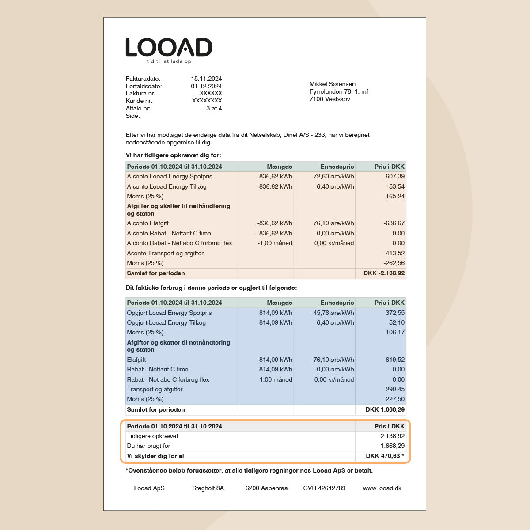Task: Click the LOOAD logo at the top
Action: click(x=169, y=47)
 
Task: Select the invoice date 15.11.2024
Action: click(x=206, y=79)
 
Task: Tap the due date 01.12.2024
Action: click(x=206, y=86)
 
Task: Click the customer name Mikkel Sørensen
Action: click(x=332, y=84)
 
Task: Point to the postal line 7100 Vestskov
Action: click(x=329, y=99)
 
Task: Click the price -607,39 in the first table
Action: click(x=394, y=176)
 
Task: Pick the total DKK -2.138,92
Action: click(x=384, y=273)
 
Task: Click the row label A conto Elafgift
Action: click(x=148, y=223)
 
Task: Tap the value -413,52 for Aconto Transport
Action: click(x=394, y=253)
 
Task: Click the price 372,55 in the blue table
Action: click(x=395, y=313)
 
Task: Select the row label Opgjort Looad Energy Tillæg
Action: click(x=166, y=322)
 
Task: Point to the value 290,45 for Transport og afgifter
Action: click(x=395, y=389)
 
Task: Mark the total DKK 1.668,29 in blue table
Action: click(x=385, y=409)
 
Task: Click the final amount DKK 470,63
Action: click(x=383, y=456)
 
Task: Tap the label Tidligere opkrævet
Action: click(x=152, y=436)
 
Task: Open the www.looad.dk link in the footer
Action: click(x=382, y=488)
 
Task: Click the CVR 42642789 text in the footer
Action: click(x=324, y=488)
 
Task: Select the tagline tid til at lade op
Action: click(x=169, y=61)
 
